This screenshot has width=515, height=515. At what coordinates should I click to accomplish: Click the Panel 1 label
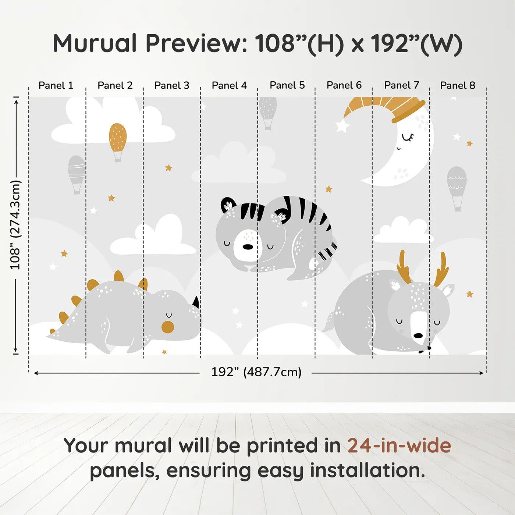click(56, 85)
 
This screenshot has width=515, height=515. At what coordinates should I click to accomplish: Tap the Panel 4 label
click(229, 85)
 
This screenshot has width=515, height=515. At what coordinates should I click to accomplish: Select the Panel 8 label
click(458, 85)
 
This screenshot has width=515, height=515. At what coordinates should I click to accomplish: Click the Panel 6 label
click(344, 85)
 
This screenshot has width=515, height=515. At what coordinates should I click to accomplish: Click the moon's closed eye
click(408, 138)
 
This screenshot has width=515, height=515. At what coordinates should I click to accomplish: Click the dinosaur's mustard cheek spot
click(168, 327)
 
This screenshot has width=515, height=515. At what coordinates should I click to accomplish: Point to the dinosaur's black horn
click(196, 302)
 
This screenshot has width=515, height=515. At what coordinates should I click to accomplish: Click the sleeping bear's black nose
click(248, 247)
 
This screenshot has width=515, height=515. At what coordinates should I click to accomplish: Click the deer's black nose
click(418, 335)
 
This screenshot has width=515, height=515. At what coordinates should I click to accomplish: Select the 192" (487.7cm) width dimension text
click(256, 372)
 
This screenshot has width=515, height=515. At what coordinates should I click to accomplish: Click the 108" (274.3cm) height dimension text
click(15, 225)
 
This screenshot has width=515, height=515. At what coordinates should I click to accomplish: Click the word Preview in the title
click(196, 43)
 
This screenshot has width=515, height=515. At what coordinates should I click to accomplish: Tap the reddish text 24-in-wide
click(399, 445)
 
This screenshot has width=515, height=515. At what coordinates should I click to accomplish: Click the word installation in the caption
click(367, 470)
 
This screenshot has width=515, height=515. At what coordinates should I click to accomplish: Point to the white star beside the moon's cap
click(342, 126)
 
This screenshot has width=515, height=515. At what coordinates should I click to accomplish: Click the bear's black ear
click(228, 205)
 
